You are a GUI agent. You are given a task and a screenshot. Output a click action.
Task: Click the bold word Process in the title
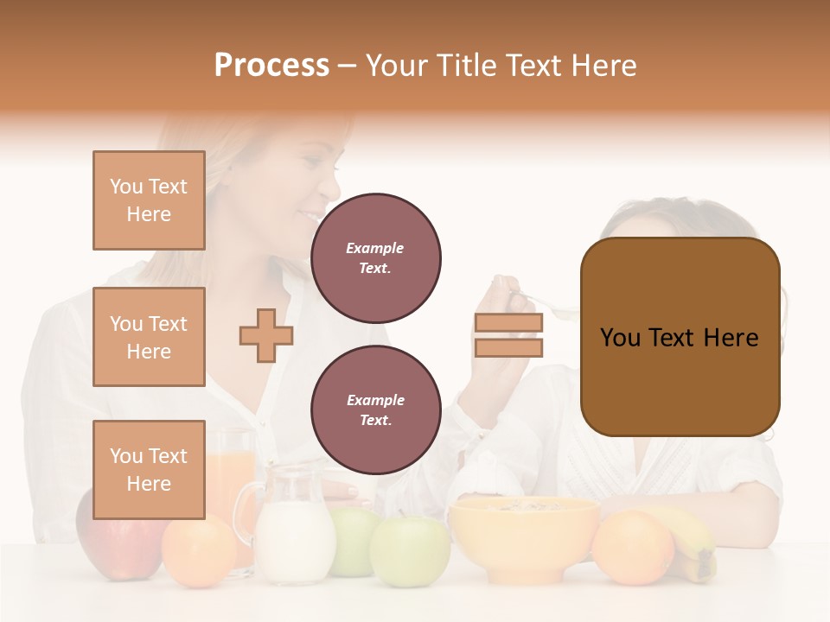pyautogui.click(x=271, y=66)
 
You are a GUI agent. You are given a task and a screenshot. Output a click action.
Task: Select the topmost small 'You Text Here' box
pyautogui.click(x=149, y=200)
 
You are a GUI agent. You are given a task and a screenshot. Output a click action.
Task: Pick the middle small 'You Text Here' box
pyautogui.click(x=149, y=337)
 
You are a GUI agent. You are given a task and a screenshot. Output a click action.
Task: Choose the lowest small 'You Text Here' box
pyautogui.click(x=149, y=469)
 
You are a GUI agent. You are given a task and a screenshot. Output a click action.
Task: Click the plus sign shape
pyautogui.click(x=266, y=335)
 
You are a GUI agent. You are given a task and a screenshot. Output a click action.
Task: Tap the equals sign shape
pyautogui.click(x=508, y=335)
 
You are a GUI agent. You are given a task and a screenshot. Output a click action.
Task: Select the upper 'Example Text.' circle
pyautogui.click(x=375, y=257)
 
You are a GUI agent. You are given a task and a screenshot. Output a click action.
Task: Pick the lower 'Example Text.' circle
pyautogui.click(x=375, y=409)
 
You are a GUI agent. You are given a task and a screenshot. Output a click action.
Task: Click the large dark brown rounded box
pyautogui.click(x=680, y=337)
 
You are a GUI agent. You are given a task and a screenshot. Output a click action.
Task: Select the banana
pyautogui.click(x=696, y=544)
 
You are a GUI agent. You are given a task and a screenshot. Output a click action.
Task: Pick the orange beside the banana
pyautogui.click(x=633, y=546)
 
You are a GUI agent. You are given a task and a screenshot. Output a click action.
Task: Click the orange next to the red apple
pyautogui.click(x=199, y=550)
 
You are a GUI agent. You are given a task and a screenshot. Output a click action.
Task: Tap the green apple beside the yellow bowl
pyautogui.click(x=410, y=549)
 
